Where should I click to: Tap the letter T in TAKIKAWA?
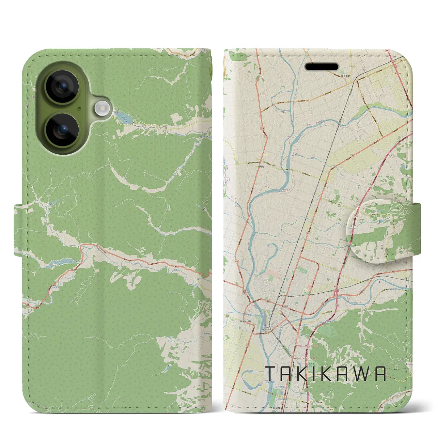tap(269, 374)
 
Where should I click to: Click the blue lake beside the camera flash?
tap(123, 119)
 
